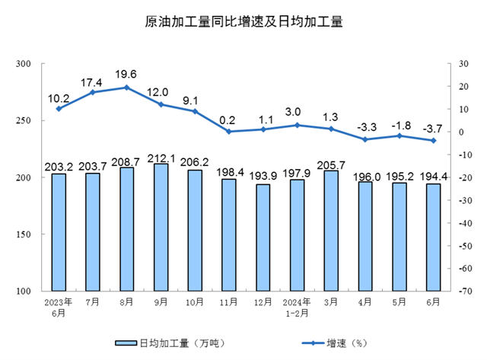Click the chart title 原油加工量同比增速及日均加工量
click(x=243, y=22)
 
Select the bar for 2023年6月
click(x=59, y=232)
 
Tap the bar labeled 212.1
click(x=161, y=227)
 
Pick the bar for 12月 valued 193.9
click(x=263, y=237)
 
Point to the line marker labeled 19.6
click(x=126, y=88)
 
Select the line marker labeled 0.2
click(x=228, y=132)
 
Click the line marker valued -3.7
click(x=433, y=140)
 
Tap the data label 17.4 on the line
click(x=92, y=80)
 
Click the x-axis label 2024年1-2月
click(x=297, y=307)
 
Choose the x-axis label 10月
click(x=195, y=303)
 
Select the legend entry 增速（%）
click(x=336, y=342)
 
